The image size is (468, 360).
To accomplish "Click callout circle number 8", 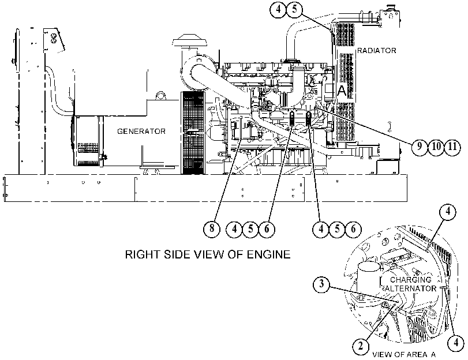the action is click(212, 228).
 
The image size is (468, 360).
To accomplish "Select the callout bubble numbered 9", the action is click(420, 147).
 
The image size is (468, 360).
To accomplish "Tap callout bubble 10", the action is click(436, 147).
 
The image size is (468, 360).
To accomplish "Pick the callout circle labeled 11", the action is click(453, 147).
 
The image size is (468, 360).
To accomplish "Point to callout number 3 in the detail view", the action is click(321, 284).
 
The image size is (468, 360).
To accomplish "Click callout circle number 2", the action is click(361, 346).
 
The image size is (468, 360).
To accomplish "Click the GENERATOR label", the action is click(141, 132).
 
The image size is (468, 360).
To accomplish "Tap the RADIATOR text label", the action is click(377, 50).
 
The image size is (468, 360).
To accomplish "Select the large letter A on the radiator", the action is click(342, 91).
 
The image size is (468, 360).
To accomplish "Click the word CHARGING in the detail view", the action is click(411, 280).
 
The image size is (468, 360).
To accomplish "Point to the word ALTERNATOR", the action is click(411, 288).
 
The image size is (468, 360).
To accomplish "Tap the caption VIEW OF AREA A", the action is click(404, 355).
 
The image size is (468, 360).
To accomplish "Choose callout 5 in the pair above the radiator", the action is click(294, 9).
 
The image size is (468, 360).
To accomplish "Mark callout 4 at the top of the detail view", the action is click(448, 211).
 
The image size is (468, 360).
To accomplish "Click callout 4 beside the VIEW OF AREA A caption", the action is click(456, 343).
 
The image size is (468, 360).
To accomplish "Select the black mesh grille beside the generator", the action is click(193, 133).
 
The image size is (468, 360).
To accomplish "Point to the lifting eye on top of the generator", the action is click(160, 95).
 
